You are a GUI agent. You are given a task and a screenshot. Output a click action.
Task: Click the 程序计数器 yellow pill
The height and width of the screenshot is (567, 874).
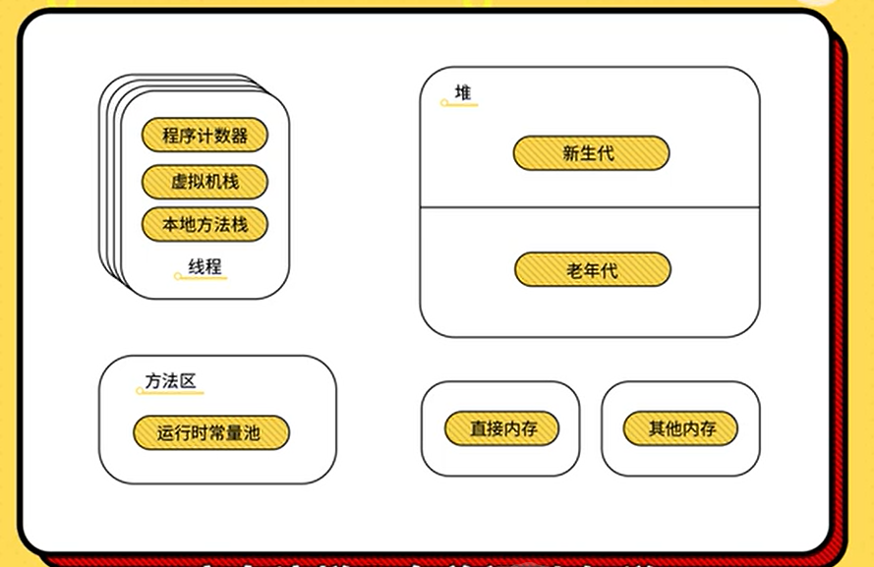tap(204, 136)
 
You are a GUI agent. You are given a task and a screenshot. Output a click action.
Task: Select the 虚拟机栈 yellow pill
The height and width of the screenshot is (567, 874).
tap(204, 182)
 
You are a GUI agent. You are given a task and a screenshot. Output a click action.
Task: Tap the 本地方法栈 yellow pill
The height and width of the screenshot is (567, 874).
tap(204, 225)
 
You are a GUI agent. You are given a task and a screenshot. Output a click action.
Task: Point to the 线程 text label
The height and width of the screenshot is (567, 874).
tap(204, 266)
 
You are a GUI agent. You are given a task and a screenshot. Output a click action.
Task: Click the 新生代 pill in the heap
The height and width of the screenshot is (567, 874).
tap(591, 153)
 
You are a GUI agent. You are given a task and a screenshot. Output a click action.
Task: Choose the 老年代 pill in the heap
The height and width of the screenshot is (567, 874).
tap(592, 270)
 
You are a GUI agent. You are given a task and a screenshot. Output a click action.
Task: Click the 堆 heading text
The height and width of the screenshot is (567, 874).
tap(462, 93)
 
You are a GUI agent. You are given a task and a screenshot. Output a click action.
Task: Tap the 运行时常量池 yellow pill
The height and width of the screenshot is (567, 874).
tap(211, 432)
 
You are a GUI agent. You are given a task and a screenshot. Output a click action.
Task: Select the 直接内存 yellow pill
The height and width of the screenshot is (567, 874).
tap(501, 428)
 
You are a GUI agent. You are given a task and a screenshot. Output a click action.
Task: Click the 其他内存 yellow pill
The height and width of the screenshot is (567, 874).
tap(680, 428)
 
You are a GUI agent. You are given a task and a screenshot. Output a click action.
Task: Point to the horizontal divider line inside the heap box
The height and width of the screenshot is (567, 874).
tap(590, 207)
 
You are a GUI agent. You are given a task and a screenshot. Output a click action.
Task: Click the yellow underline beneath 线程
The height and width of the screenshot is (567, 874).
tap(202, 278)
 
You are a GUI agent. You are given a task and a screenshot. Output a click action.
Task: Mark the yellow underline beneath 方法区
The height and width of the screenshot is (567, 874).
tap(171, 393)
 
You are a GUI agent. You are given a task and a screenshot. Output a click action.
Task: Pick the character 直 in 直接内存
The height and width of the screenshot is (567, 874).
tap(479, 428)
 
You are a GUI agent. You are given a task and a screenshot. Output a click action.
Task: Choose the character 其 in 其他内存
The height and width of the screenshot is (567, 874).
tap(657, 428)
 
